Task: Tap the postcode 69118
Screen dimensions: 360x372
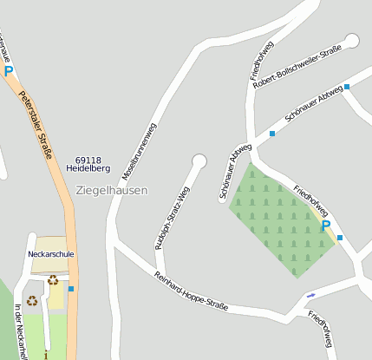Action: pyautogui.click(x=88, y=160)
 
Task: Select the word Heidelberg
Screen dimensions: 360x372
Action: pyautogui.click(x=88, y=168)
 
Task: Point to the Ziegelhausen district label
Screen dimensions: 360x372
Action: pyautogui.click(x=112, y=190)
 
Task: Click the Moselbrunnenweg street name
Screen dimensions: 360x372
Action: pyautogui.click(x=139, y=151)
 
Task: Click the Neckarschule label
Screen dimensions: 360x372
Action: pyautogui.click(x=51, y=255)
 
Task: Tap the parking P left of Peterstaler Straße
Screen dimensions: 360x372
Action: pyautogui.click(x=9, y=71)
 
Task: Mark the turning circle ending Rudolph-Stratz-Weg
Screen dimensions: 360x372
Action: pyautogui.click(x=199, y=160)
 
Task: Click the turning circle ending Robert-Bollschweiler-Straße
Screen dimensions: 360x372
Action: pyautogui.click(x=351, y=40)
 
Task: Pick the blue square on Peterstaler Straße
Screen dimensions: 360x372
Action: pyautogui.click(x=71, y=288)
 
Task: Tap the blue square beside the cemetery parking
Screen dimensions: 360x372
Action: pyautogui.click(x=340, y=237)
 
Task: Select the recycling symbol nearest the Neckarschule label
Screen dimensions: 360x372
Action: pyautogui.click(x=53, y=279)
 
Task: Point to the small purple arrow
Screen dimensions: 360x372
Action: pyautogui.click(x=311, y=296)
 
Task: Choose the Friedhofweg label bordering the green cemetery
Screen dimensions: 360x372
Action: pyautogui.click(x=310, y=200)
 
